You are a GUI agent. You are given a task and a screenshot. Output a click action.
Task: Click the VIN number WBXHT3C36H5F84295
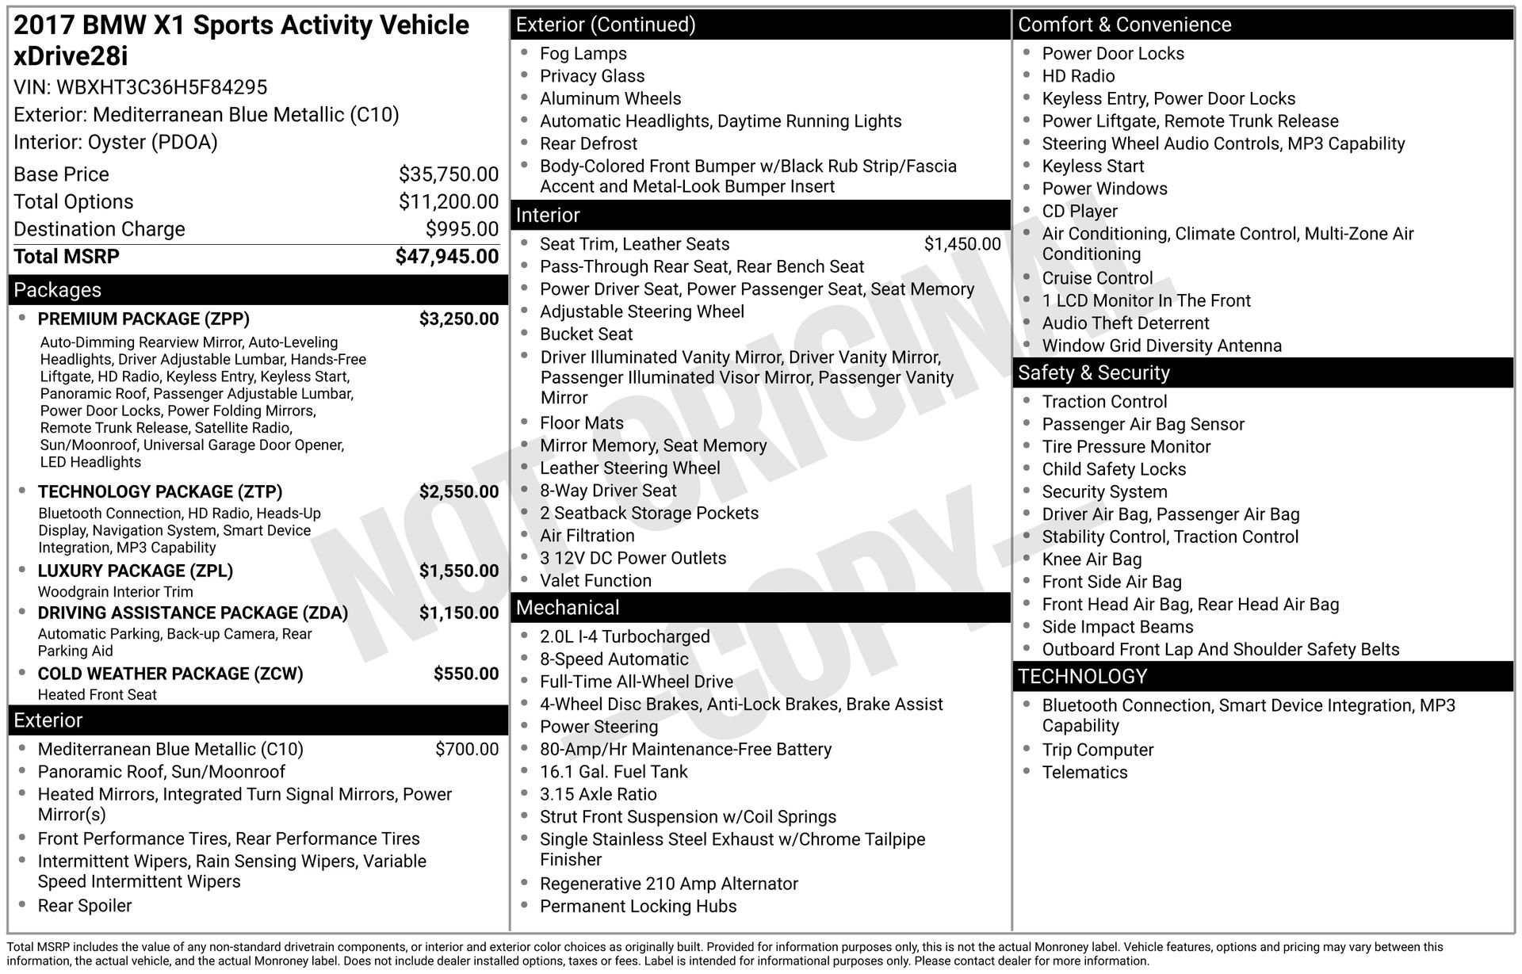(162, 87)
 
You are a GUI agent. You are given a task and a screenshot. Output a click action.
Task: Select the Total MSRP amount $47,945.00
(447, 257)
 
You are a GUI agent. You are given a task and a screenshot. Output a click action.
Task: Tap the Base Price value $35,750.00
(449, 174)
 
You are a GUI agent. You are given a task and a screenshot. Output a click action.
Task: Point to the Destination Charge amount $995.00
(462, 229)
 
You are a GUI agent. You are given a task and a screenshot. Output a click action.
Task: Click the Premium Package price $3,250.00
(459, 319)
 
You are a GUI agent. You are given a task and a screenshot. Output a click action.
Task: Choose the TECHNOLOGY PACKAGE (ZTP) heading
(160, 491)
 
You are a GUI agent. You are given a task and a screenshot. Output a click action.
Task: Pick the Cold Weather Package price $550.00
(466, 674)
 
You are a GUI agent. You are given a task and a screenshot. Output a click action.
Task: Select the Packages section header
(58, 290)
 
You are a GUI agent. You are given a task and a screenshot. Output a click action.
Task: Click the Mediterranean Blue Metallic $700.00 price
(467, 749)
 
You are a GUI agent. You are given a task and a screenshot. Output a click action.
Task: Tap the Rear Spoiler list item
(85, 905)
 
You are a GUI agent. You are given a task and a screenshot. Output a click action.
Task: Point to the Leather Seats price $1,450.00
(962, 244)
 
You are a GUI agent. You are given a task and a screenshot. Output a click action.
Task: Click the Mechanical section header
(568, 608)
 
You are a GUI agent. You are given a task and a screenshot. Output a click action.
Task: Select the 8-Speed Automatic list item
(614, 659)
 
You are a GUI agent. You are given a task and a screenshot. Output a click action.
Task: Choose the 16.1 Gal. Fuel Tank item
(614, 772)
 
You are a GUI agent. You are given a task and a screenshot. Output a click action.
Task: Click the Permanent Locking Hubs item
(638, 906)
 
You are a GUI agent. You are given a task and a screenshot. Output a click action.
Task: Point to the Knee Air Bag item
(1092, 560)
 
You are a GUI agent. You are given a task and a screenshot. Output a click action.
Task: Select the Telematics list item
(1084, 772)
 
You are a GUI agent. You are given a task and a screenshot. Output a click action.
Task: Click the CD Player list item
(1080, 212)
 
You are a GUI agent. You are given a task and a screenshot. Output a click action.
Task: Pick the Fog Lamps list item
(583, 54)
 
